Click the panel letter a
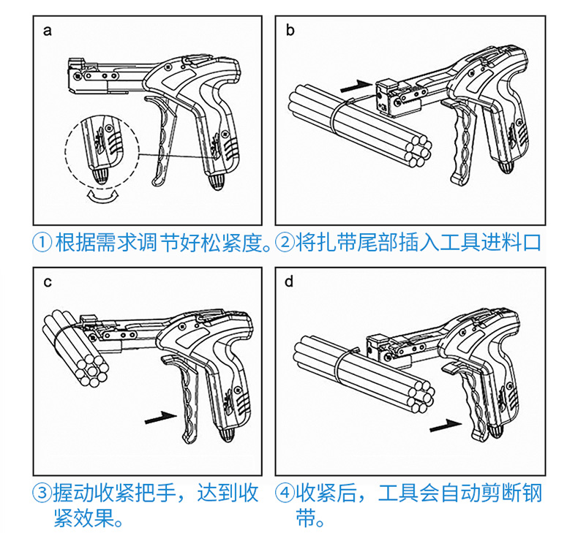point(48,31)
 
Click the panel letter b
point(290,31)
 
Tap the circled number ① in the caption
point(43,242)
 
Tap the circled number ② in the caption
point(285,242)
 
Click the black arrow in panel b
point(357,86)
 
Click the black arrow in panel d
point(446,423)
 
